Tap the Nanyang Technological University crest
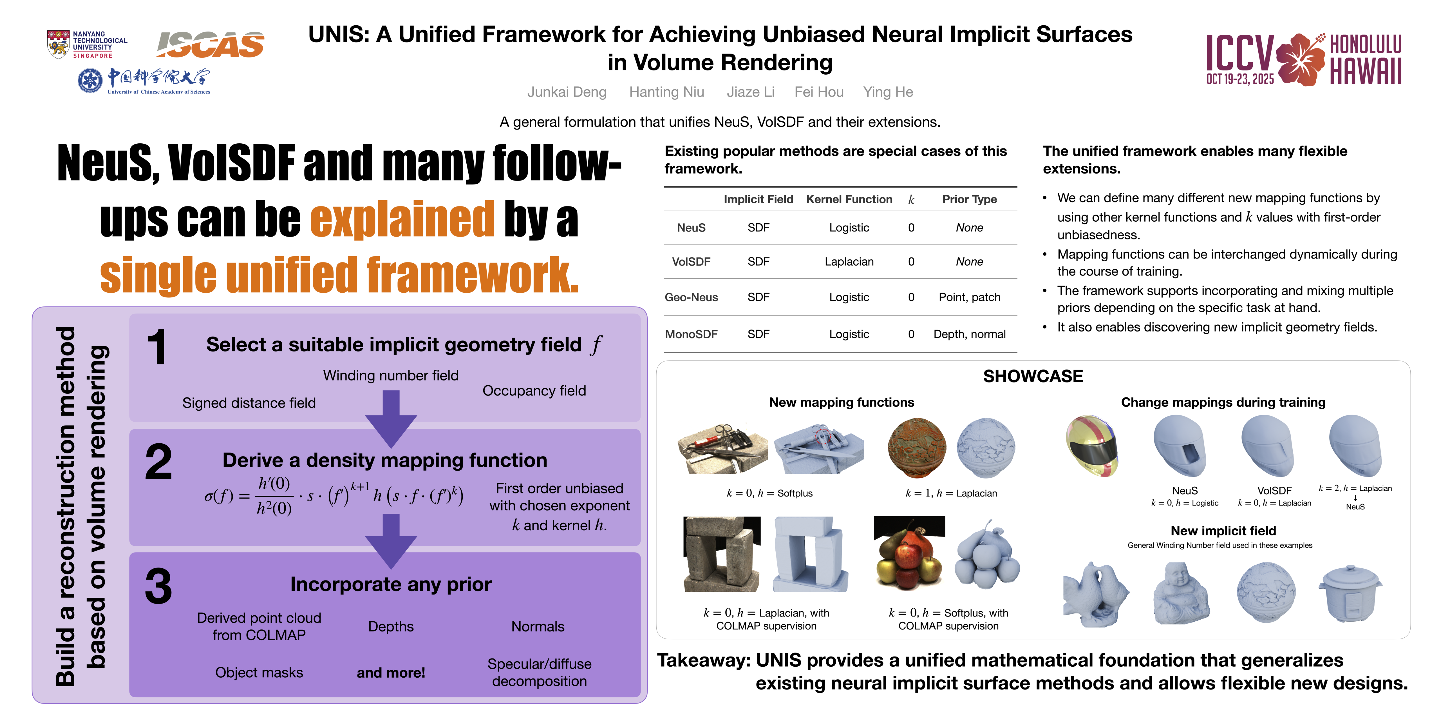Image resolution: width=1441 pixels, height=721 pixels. pyautogui.click(x=58, y=44)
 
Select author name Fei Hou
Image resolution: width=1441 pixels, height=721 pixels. pyautogui.click(x=819, y=92)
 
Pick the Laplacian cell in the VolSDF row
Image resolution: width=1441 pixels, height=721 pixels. pyautogui.click(x=849, y=261)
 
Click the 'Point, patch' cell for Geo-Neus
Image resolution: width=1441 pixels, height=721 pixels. pyautogui.click(x=969, y=297)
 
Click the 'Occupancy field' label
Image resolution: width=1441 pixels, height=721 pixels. pyautogui.click(x=534, y=391)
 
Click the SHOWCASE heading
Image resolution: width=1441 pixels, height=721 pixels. pyautogui.click(x=1033, y=376)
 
